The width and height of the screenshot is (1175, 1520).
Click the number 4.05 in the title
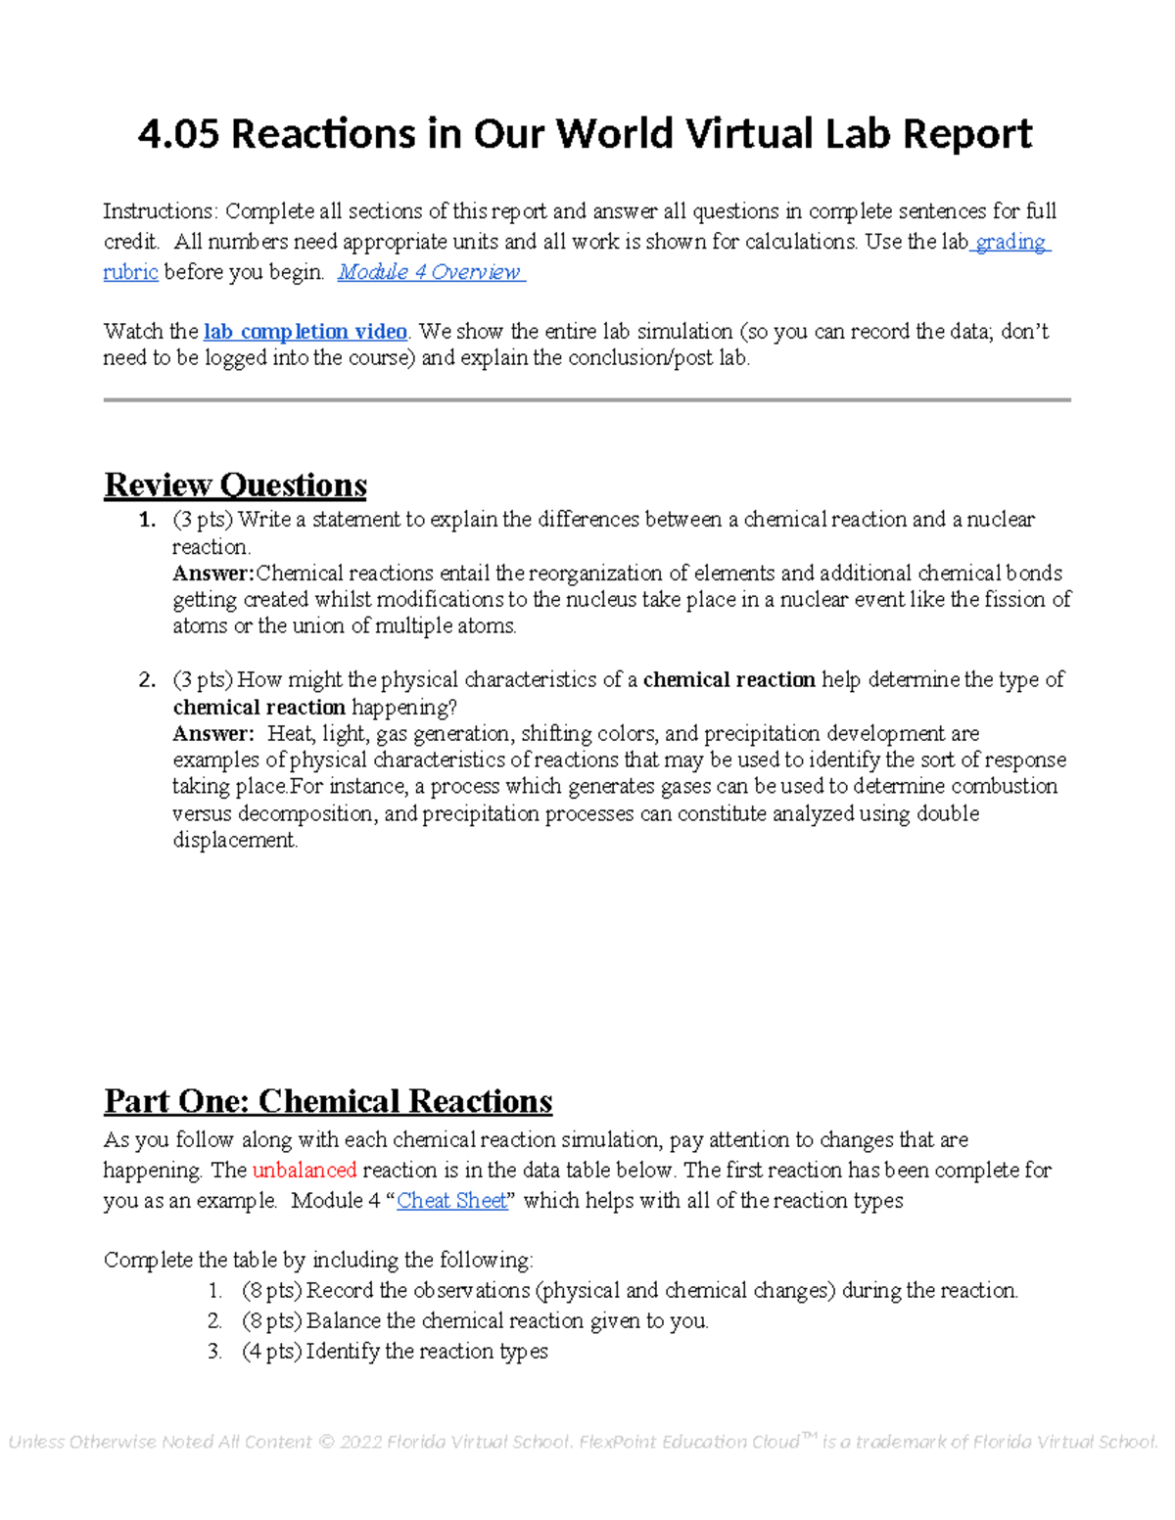(x=178, y=134)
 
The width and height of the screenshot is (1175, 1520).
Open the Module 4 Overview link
(x=430, y=272)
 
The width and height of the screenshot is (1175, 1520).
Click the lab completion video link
(x=305, y=332)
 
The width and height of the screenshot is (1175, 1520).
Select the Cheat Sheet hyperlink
(x=451, y=1201)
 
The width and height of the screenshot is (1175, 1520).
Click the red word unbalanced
(x=304, y=1171)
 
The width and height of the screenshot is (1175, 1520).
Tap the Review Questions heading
(x=235, y=485)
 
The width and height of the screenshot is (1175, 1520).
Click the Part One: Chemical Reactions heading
(x=328, y=1102)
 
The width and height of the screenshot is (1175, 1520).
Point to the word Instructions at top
(x=159, y=211)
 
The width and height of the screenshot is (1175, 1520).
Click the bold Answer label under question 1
(x=212, y=574)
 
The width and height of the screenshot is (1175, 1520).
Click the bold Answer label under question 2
(x=212, y=734)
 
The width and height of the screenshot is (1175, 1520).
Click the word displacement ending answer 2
(x=234, y=841)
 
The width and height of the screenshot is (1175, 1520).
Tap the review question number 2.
(x=147, y=680)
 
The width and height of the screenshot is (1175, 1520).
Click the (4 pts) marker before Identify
(x=271, y=1352)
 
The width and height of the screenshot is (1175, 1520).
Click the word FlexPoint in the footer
(x=618, y=1443)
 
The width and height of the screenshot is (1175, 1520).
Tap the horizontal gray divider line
(x=587, y=400)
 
